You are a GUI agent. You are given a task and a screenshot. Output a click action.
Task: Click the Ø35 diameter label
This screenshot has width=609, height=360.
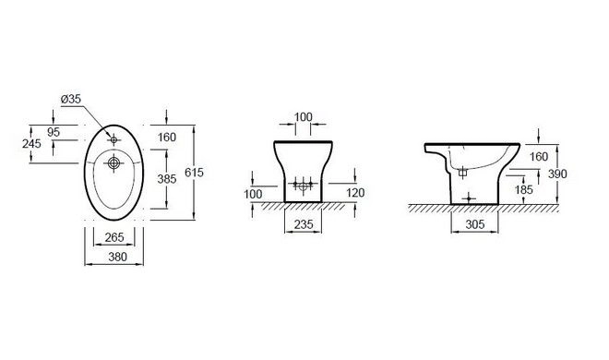click(x=71, y=99)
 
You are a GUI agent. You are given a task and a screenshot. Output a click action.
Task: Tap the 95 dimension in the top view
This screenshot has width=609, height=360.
click(x=54, y=132)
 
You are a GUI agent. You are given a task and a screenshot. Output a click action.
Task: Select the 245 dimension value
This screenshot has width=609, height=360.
click(x=31, y=144)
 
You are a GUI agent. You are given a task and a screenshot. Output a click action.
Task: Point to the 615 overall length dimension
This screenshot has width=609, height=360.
click(x=194, y=173)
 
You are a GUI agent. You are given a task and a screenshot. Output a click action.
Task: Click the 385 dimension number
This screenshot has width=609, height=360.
click(x=167, y=179)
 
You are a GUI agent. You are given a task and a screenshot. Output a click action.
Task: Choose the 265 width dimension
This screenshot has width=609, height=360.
click(x=114, y=237)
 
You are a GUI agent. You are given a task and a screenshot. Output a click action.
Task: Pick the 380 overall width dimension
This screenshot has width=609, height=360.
click(x=117, y=257)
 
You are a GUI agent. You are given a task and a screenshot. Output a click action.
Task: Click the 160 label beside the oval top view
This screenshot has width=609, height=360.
click(x=167, y=138)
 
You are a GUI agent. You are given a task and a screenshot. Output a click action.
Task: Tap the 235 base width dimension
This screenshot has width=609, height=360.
click(x=304, y=224)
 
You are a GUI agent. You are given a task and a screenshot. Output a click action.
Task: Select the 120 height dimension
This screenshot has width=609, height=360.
click(x=355, y=193)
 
